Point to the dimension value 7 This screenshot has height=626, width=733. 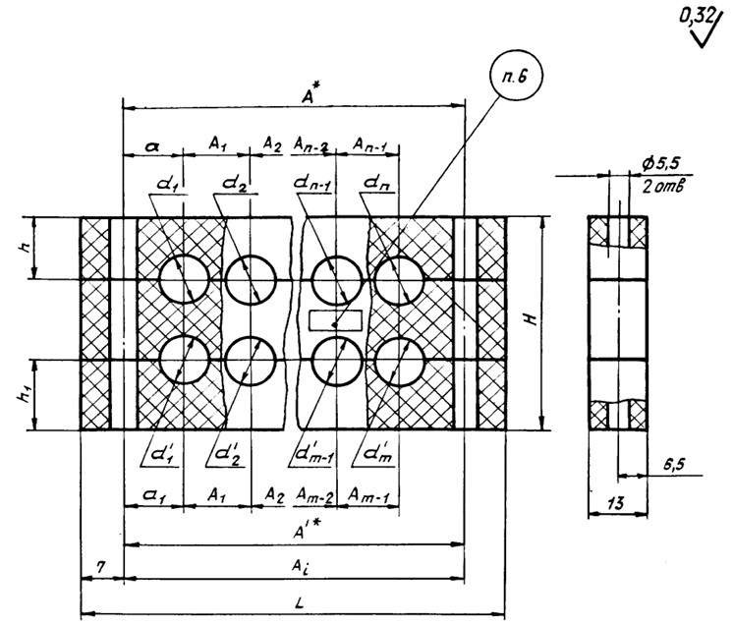coord(100,570)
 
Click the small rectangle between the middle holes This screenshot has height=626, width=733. coord(336,320)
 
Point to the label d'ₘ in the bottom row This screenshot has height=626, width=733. coord(374,454)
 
